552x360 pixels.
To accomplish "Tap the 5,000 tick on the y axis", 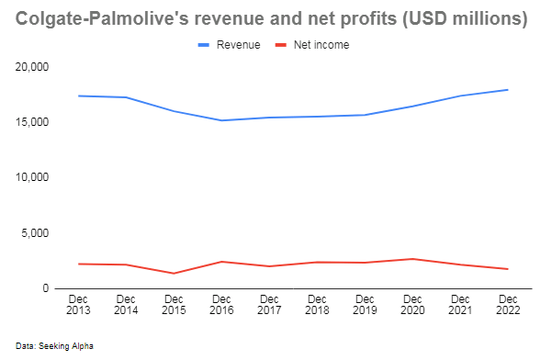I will pos(36,233).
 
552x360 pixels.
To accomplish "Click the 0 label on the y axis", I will pos(47,288).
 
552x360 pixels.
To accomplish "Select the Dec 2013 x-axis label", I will pos(78,306).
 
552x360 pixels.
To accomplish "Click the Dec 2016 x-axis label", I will pos(221,306).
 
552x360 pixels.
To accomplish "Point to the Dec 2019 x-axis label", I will pos(365,306).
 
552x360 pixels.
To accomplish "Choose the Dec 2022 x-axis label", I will pos(508,306).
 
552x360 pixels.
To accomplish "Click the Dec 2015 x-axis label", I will pos(174,306).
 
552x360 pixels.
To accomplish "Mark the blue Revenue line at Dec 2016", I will pos(221,120).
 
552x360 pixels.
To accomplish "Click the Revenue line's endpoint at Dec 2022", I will pos(508,90).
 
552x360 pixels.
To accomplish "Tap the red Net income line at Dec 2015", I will pos(174,273).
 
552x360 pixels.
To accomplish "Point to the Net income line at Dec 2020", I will pos(412,259).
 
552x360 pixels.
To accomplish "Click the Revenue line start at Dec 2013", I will pos(78,96).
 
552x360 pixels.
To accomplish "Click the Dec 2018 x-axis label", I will pos(317,306).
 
